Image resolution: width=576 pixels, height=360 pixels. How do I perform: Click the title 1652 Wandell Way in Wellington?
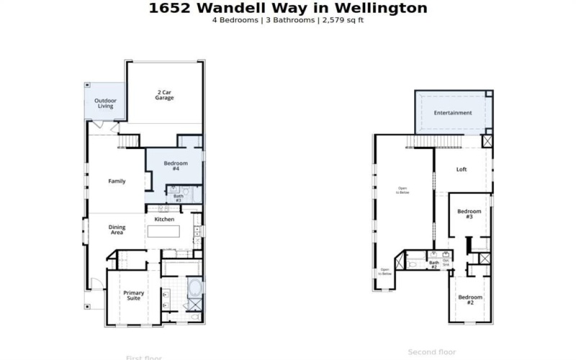(288, 9)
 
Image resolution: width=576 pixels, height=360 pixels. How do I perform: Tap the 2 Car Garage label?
(164, 94)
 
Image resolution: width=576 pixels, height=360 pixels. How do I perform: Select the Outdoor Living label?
(106, 103)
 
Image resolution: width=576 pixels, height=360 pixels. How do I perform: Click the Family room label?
(117, 181)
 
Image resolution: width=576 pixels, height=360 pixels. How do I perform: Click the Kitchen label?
(165, 219)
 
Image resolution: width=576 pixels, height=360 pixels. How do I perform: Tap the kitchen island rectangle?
(164, 233)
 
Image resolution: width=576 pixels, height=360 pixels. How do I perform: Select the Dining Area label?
(117, 230)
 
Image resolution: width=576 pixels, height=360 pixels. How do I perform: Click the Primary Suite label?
(134, 295)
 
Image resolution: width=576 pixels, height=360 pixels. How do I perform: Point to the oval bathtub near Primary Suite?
(194, 291)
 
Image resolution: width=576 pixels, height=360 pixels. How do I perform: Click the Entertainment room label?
(453, 113)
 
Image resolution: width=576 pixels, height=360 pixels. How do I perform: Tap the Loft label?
(462, 170)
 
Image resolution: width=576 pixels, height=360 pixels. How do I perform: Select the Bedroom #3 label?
(469, 214)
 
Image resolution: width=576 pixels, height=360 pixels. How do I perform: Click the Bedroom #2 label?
(470, 300)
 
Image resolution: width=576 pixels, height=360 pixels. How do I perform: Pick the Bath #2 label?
(434, 265)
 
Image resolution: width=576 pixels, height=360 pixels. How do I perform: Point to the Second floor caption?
(431, 352)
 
